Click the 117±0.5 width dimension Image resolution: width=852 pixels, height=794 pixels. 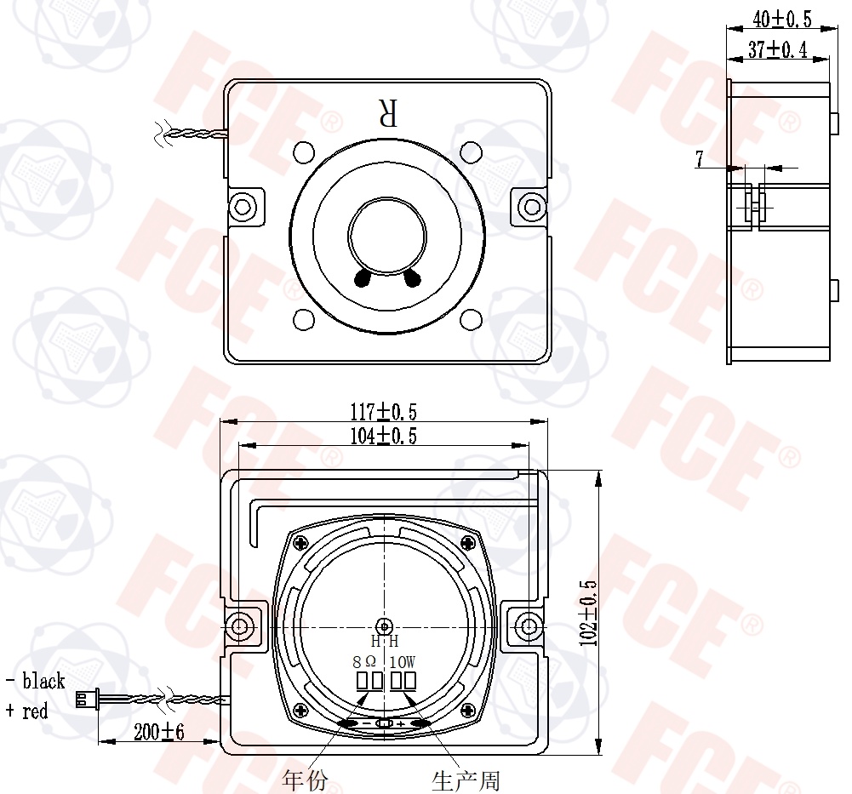coord(384,412)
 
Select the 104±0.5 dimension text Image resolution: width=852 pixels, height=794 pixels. coord(384,436)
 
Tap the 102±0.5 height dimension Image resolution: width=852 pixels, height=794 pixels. coord(588,613)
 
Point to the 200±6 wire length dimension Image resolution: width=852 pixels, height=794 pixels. coord(158,732)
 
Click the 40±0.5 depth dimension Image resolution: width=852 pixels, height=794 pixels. coord(782,19)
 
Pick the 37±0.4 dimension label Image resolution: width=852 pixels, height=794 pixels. coord(778,49)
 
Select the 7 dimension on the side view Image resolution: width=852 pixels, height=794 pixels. coord(700,158)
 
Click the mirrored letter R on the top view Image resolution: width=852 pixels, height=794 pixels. coord(388,112)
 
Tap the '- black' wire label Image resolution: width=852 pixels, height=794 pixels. coord(35,681)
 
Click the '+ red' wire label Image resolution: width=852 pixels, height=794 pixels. coord(26,711)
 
